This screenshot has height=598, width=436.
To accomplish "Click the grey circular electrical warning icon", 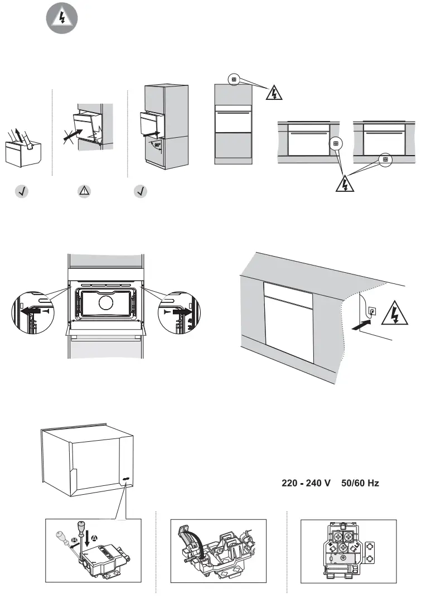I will point(61,18).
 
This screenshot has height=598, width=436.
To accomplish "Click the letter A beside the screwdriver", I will point(94,537).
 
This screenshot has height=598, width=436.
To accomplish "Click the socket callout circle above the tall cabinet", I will point(234,79).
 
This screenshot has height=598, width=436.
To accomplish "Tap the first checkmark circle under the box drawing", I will point(21,191).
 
